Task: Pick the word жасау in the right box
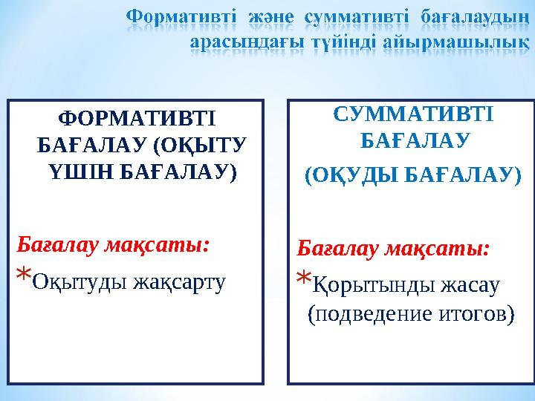tap(468, 285)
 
